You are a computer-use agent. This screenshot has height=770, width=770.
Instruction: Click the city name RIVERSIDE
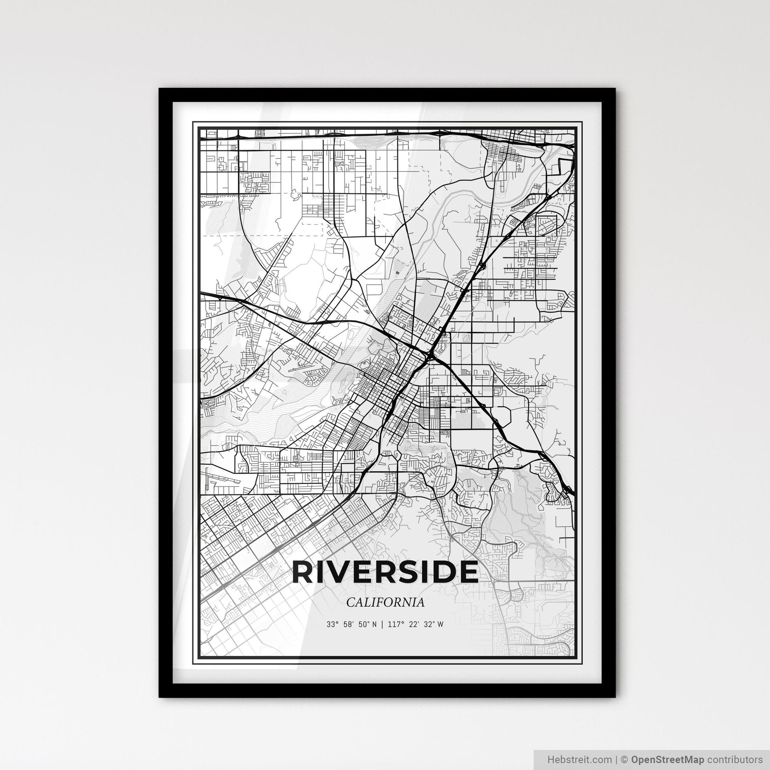[x=385, y=572]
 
